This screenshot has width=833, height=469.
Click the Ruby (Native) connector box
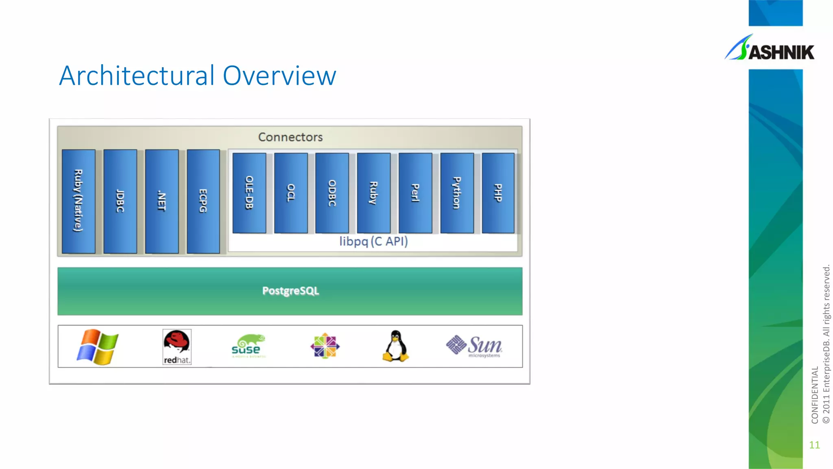[79, 201]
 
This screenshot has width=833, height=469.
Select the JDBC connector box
[120, 201]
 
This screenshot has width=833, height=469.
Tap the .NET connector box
[162, 201]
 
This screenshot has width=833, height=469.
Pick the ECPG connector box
[203, 201]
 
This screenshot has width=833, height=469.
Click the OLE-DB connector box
[249, 193]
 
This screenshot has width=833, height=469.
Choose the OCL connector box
[291, 193]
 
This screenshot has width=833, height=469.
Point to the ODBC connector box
[332, 193]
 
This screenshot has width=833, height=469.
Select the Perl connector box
[415, 193]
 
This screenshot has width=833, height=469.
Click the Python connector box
[457, 193]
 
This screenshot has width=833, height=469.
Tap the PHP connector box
[498, 193]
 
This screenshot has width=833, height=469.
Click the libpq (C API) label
[373, 241]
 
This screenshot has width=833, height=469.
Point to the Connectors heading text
[290, 137]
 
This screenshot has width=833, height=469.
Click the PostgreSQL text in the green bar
[290, 291]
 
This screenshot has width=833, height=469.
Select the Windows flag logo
[98, 347]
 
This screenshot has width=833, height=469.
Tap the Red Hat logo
[177, 347]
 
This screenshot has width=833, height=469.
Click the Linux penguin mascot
[395, 346]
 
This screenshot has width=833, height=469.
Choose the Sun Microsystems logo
[474, 346]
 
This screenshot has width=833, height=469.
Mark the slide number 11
[814, 445]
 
